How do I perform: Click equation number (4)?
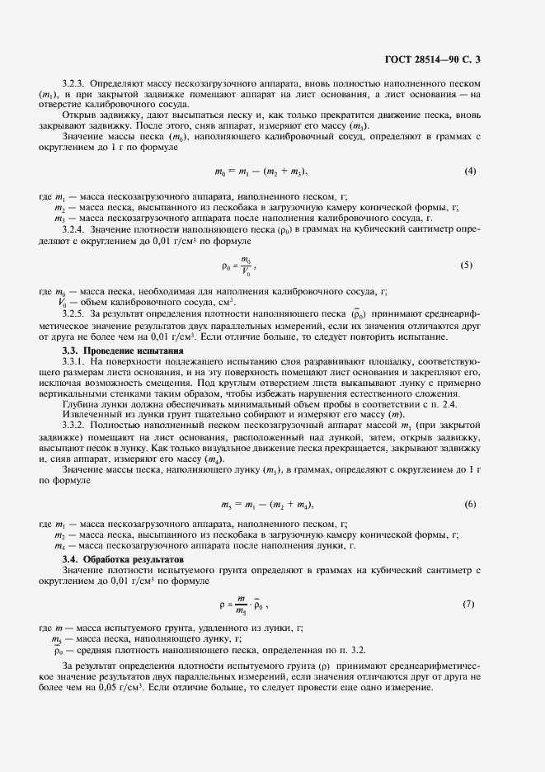[470, 172]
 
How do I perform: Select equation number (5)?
[467, 266]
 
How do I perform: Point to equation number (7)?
[468, 605]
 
